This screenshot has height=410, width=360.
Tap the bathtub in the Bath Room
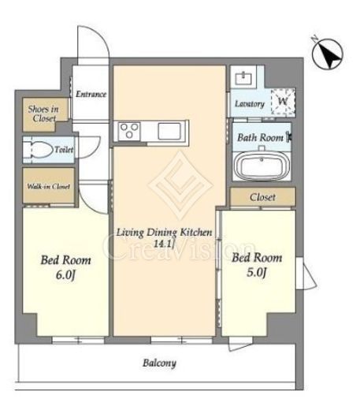[262, 166]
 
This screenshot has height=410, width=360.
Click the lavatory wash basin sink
[243, 78]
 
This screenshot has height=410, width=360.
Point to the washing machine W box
[284, 102]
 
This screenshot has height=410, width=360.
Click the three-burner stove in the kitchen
[129, 131]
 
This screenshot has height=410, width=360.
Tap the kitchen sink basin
[169, 131]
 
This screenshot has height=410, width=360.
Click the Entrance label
[91, 94]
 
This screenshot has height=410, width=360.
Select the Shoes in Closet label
[43, 114]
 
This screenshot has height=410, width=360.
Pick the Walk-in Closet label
[49, 186]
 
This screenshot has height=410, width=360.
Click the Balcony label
[159, 363]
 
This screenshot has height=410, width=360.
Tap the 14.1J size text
[164, 244]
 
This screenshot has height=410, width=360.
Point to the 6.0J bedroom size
[65, 275]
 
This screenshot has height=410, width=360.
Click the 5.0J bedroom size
[257, 272]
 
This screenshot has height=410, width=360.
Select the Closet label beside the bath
[262, 197]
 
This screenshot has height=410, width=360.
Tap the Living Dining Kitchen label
[164, 233]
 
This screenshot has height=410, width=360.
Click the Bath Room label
[260, 137]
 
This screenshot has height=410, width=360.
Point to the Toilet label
[64, 150]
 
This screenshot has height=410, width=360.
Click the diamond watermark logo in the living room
[180, 185]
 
